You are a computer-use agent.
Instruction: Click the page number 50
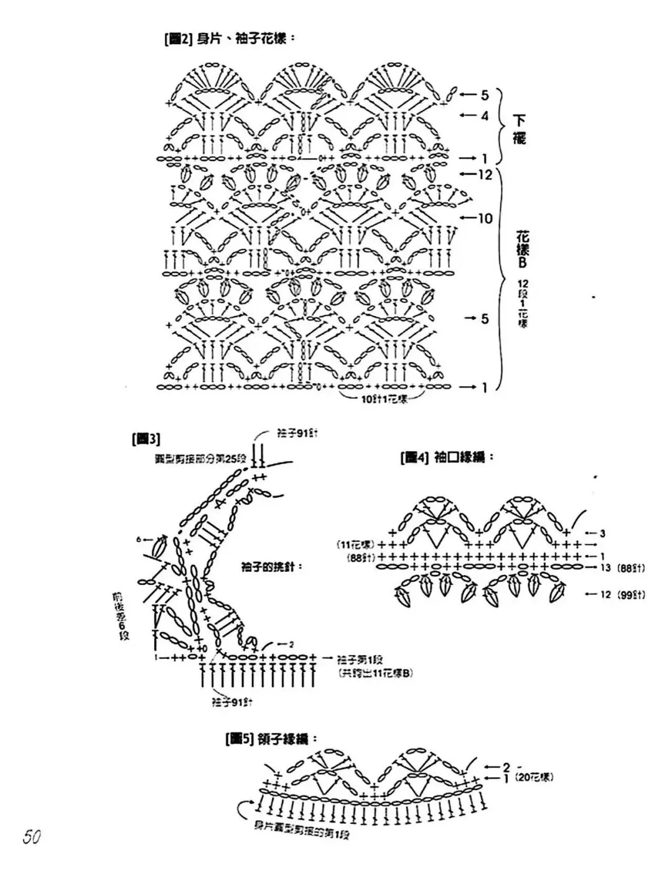pyautogui.click(x=32, y=836)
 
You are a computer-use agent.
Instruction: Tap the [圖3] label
pyautogui.click(x=146, y=439)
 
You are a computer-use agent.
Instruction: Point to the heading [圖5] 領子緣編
pyautogui.click(x=271, y=739)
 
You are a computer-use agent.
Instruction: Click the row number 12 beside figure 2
pyautogui.click(x=485, y=175)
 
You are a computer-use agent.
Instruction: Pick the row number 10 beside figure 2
pyautogui.click(x=485, y=218)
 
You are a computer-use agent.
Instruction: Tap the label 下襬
pyautogui.click(x=520, y=129)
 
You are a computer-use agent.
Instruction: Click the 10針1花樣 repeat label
pyautogui.click(x=384, y=399)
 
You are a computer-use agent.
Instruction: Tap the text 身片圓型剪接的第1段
pyautogui.click(x=302, y=830)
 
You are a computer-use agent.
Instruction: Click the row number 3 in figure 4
pyautogui.click(x=602, y=533)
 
